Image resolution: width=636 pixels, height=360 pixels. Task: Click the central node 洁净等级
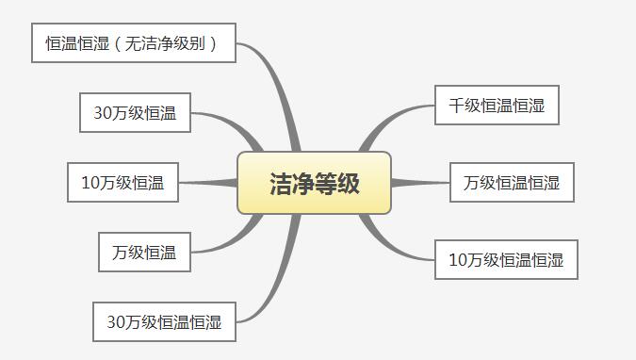point(314,183)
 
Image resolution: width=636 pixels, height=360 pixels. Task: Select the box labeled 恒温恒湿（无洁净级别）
point(133,43)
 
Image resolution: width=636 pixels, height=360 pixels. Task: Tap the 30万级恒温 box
point(135,113)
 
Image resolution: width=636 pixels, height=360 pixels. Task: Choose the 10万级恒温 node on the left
point(122,183)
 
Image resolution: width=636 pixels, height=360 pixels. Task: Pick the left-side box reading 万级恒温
point(144,253)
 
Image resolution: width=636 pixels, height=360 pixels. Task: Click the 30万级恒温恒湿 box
point(164,322)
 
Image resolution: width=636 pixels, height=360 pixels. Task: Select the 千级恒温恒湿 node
point(497,106)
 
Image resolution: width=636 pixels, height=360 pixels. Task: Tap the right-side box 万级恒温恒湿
point(512,183)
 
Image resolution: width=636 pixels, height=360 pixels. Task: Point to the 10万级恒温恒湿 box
point(506,260)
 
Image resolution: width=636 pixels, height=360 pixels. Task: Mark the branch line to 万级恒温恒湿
point(419,183)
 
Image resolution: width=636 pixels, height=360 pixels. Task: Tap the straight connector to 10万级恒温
point(207,183)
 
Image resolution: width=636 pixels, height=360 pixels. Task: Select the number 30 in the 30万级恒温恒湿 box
point(117,322)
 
